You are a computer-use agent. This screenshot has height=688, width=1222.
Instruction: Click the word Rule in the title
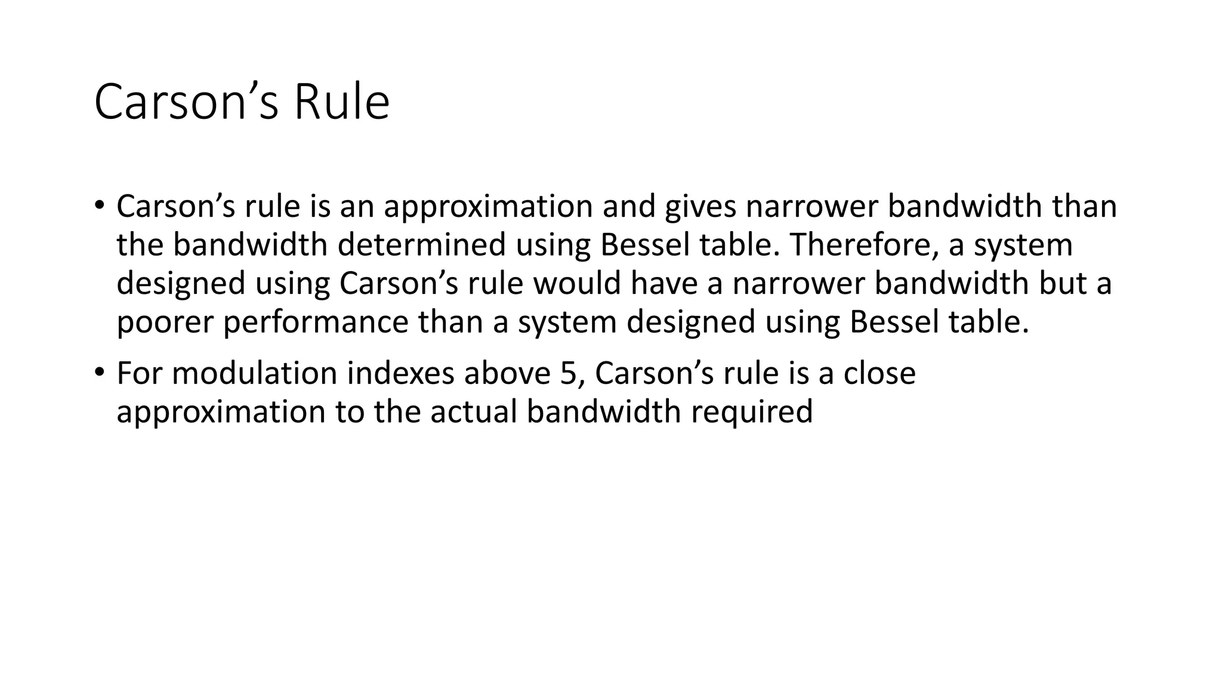341,102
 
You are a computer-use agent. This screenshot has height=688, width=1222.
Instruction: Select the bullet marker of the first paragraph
99,205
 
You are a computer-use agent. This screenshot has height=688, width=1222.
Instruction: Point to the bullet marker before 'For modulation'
99,372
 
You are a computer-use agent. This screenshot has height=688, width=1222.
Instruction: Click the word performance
316,322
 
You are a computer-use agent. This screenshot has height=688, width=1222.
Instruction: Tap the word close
879,373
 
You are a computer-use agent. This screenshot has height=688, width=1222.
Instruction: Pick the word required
751,413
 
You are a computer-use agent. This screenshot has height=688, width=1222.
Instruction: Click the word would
577,283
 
